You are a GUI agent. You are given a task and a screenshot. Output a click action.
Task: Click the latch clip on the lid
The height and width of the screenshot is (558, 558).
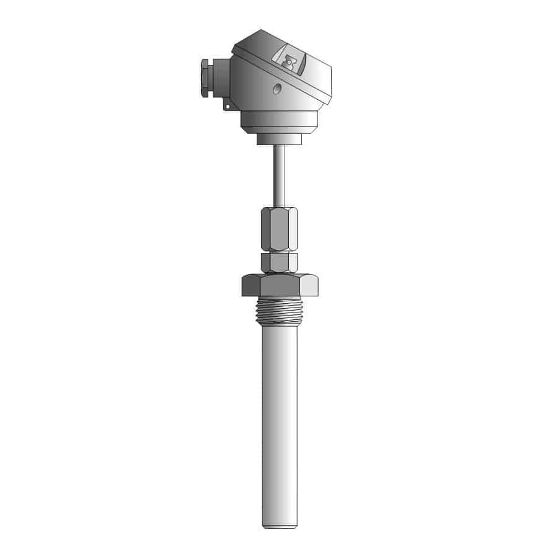(290, 63)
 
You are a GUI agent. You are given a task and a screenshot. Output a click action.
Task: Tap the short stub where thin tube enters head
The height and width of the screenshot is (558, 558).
(278, 139)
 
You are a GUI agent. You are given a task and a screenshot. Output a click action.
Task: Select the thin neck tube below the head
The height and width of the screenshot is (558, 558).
(278, 174)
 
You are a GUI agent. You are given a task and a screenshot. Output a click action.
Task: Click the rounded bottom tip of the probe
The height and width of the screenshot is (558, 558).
(278, 526)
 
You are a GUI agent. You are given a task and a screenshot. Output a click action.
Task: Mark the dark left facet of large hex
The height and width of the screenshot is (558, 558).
(250, 285)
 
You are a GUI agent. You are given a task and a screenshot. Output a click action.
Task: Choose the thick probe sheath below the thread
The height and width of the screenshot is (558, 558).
(278, 422)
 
